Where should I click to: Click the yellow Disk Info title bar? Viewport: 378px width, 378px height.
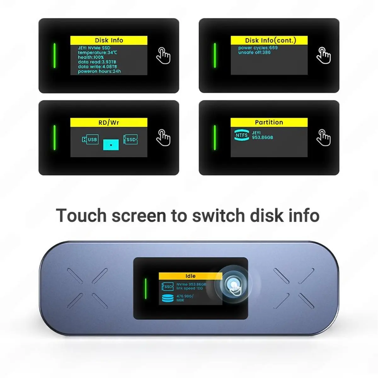tap(109, 40)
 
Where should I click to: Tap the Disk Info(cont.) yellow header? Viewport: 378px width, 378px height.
tap(269, 40)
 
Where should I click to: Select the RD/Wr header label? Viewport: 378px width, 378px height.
tap(109, 123)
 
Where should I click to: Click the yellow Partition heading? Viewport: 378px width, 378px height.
tap(269, 122)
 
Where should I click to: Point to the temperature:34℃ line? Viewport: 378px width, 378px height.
tap(97, 53)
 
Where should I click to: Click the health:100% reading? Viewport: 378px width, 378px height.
tap(91, 57)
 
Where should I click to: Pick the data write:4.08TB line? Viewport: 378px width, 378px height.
tap(97, 67)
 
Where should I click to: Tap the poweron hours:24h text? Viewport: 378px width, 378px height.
tap(99, 72)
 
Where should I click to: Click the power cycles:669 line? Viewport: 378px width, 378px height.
tap(258, 48)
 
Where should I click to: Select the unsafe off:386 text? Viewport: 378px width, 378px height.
tap(254, 52)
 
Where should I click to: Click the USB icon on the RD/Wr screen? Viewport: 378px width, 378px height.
tap(90, 140)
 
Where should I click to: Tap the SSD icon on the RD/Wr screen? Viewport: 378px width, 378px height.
tap(130, 140)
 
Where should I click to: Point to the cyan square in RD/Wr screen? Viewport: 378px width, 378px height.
tap(111, 145)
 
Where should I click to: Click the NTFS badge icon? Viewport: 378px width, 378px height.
tap(242, 135)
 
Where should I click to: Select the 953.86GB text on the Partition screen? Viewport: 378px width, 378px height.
tap(262, 138)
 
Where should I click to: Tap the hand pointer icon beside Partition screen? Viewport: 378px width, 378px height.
tap(324, 138)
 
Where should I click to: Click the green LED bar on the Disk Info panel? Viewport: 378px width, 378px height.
tap(54, 55)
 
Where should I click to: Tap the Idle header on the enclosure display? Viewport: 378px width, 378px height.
tap(190, 276)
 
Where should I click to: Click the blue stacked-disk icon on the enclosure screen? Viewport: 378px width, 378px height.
tap(168, 298)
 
